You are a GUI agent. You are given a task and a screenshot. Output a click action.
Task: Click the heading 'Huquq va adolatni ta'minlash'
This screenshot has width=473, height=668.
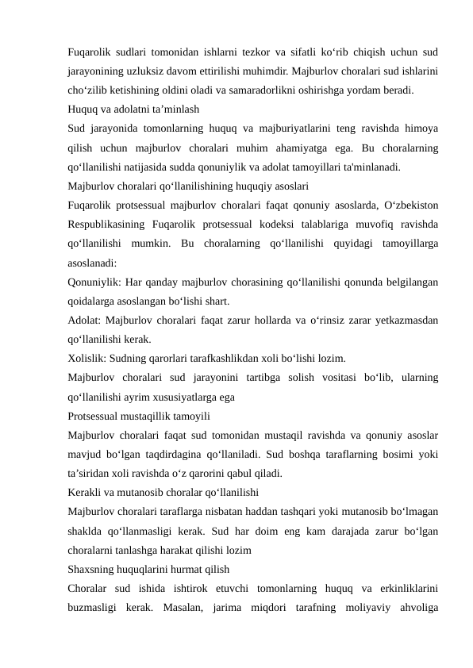point(133,109)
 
